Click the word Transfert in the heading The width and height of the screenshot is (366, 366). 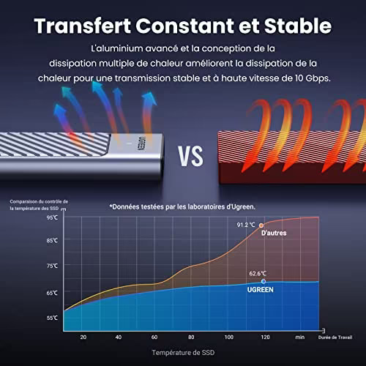point(83,26)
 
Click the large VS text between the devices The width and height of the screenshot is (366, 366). point(190,157)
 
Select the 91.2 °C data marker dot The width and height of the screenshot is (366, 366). point(261,225)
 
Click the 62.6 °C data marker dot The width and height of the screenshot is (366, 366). point(264,281)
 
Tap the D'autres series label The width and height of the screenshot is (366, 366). point(274,233)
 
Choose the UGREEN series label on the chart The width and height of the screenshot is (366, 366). point(260,290)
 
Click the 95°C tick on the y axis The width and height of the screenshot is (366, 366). point(52,217)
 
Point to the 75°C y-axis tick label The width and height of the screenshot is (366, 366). point(52,266)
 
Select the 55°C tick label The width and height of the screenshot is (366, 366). point(52,318)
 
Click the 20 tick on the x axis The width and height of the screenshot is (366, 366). point(83,337)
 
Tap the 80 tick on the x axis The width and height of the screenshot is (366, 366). point(191,337)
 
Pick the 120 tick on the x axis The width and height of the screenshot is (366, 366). point(265,337)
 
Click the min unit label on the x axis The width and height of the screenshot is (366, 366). point(300,337)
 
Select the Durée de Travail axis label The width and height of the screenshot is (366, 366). point(335,337)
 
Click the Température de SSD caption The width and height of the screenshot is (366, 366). point(183,353)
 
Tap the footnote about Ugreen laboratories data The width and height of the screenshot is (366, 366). point(182,207)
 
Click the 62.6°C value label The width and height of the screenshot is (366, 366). point(258,274)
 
